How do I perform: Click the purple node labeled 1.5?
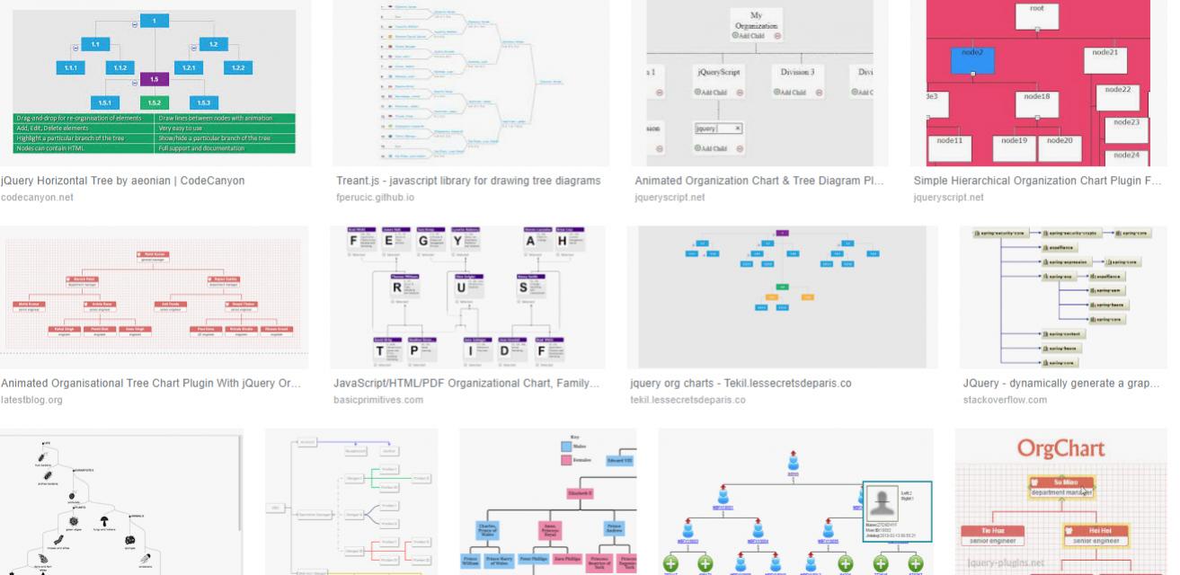(x=155, y=79)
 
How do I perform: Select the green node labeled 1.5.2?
(x=155, y=103)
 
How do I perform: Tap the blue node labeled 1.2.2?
(x=238, y=67)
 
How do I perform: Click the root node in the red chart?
(x=1036, y=13)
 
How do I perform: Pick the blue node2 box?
(x=972, y=59)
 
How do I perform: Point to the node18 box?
(x=1036, y=103)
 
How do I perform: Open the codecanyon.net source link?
(x=38, y=198)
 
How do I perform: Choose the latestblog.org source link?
(x=32, y=400)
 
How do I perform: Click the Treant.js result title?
(x=468, y=181)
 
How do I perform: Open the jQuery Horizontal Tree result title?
(x=123, y=181)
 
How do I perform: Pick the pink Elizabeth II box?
(x=581, y=492)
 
